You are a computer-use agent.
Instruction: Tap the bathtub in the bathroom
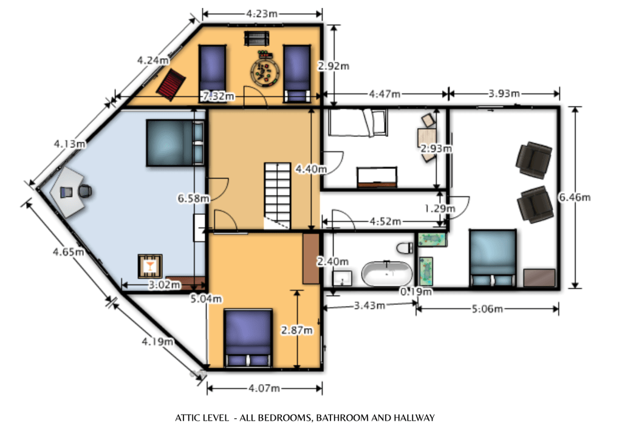[386, 273]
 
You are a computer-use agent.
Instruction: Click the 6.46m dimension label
[575, 197]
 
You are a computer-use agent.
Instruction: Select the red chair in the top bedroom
[171, 84]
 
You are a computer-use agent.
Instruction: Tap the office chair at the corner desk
[85, 191]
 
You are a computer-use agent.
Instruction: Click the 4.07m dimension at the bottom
[263, 388]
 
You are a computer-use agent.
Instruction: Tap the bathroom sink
[343, 278]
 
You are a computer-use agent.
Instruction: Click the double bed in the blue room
[174, 143]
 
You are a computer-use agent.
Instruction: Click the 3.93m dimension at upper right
[504, 93]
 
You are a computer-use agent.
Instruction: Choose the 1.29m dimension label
[440, 209]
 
